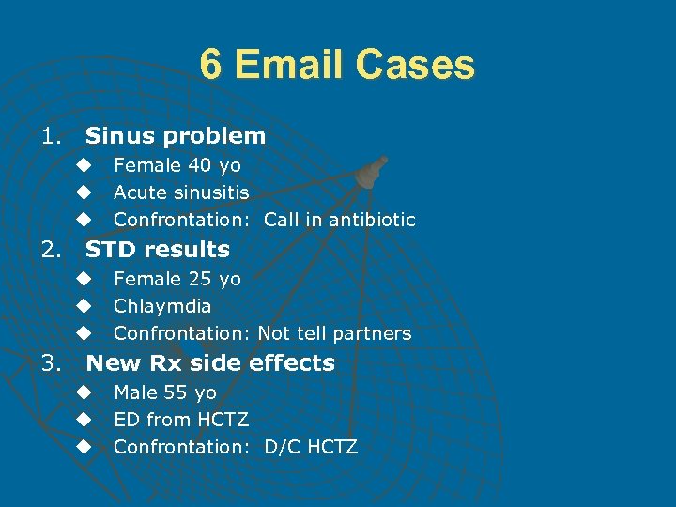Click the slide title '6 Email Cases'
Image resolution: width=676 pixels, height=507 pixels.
[337, 66]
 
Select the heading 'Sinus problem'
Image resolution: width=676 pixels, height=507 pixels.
[176, 136]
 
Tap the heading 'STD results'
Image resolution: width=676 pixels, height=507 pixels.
[157, 250]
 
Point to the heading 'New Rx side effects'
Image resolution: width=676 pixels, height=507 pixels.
[209, 363]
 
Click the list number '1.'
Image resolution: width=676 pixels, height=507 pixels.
[51, 136]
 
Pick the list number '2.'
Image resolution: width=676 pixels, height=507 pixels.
[51, 250]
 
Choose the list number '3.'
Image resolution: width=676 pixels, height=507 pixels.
[51, 363]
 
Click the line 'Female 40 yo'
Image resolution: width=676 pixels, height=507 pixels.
[177, 165]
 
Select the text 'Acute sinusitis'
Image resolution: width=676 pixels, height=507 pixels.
[181, 192]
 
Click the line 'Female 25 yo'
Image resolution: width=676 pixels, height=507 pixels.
[177, 279]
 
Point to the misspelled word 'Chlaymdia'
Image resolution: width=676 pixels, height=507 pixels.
[162, 306]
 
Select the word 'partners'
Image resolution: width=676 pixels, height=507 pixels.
[374, 333]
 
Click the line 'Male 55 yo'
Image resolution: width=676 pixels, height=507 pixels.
[164, 392]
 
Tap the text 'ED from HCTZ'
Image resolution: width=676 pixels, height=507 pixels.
[180, 420]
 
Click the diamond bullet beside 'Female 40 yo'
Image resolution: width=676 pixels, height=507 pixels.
[84, 165]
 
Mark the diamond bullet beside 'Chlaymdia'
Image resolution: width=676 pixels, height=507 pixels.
[84, 306]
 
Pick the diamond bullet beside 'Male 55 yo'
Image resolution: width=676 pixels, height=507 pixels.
[84, 392]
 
